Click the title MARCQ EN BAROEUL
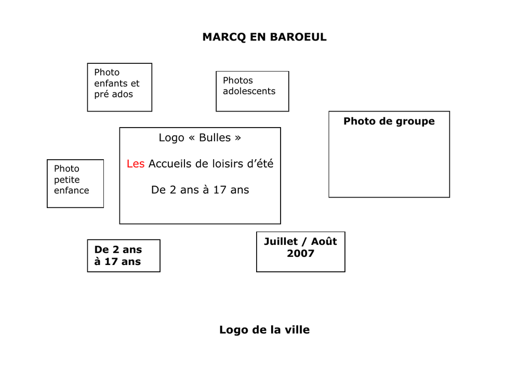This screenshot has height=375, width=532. pos(264,37)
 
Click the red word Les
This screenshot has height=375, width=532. pos(136,164)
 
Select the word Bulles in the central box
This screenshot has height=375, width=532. pos(215,137)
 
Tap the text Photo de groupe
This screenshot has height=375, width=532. pos(389,121)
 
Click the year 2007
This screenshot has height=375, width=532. pos(300,254)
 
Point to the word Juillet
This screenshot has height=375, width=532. pos(281,241)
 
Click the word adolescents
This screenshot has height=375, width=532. pos(249,91)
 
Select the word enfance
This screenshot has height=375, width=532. pos(71,190)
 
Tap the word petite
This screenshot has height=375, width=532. pos(66,179)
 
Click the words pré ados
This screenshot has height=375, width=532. pos(113,94)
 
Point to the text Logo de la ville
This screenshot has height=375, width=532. pos(264,330)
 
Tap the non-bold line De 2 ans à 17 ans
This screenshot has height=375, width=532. pos(200,190)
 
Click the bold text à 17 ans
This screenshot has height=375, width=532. pos(117,261)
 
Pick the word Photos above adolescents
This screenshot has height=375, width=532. pos(237,80)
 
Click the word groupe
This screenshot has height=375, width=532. pos(415,121)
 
